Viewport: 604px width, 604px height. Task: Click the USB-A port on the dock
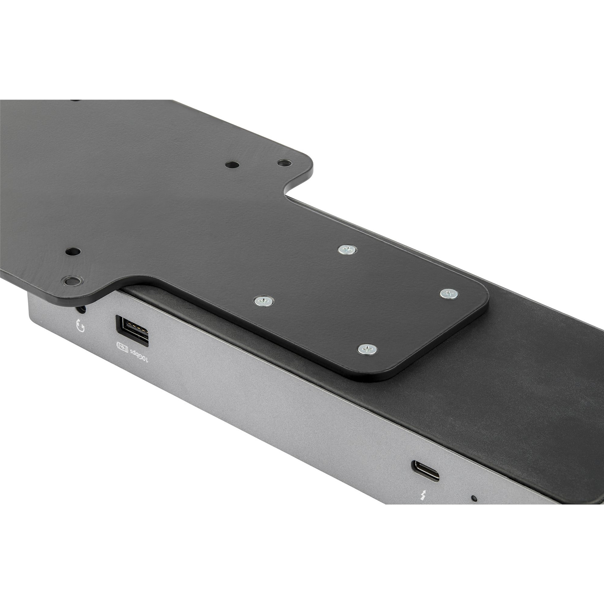133,331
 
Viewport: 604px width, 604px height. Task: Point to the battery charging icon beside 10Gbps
122,346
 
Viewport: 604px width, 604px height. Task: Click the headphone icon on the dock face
80,325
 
